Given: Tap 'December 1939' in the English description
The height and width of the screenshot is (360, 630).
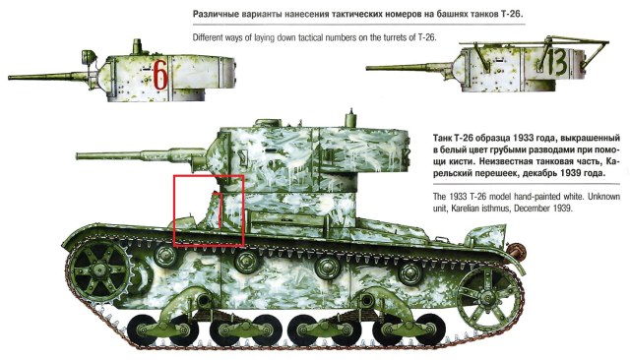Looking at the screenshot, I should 547,209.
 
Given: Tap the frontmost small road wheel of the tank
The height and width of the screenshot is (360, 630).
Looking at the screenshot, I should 148,325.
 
